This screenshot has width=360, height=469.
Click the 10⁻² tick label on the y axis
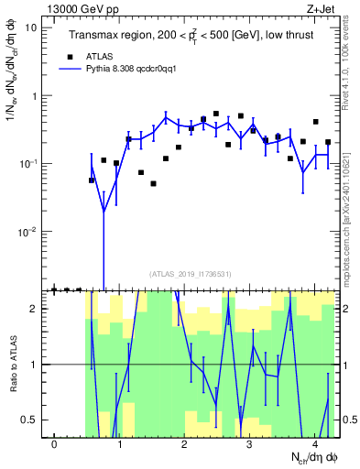click(29, 232)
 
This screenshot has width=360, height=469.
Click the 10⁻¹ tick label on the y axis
click(29, 164)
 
